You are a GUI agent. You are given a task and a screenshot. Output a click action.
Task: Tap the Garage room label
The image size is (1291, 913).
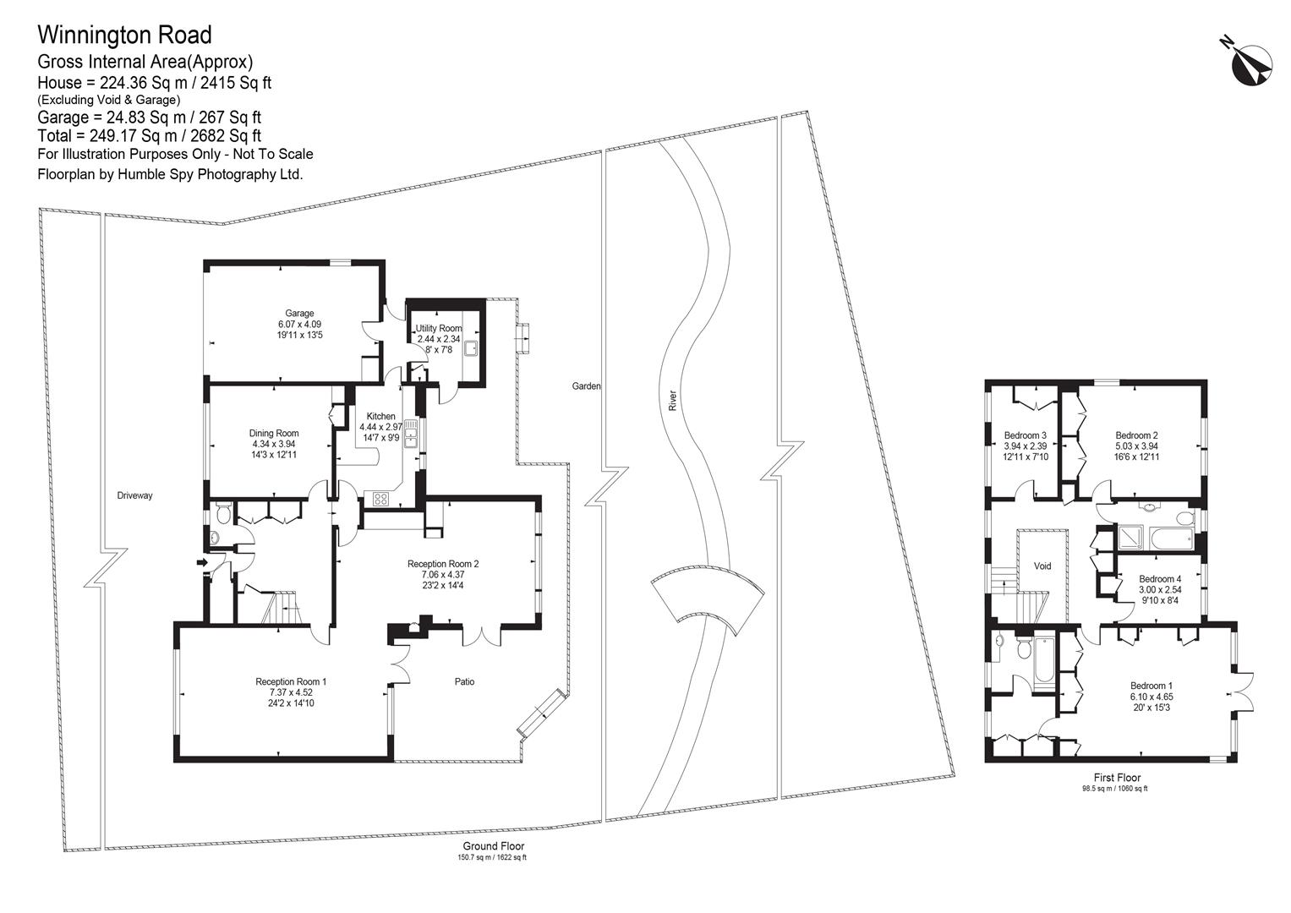pos(299,313)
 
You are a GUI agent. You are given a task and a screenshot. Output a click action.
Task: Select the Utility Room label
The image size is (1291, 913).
pos(439,328)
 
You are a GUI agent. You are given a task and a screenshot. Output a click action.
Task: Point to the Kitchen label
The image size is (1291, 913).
pos(381,416)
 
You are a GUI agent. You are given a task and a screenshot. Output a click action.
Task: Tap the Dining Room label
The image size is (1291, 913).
pos(274,433)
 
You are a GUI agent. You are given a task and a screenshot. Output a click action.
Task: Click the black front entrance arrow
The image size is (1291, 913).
pos(202,562)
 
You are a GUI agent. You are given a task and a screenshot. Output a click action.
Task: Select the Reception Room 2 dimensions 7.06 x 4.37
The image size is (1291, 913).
pos(443,575)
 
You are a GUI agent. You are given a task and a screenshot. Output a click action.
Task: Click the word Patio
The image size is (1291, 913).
pos(464,681)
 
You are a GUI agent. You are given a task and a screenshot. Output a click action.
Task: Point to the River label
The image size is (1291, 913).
pos(672,400)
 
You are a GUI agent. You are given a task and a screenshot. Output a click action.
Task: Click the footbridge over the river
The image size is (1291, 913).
pos(708,599)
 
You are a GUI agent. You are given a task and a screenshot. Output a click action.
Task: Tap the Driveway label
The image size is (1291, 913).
pos(134,495)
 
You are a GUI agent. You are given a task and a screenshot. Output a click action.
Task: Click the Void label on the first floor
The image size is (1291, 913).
pos(1042,566)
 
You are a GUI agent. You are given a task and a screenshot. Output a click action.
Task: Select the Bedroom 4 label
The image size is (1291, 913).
pos(1160,579)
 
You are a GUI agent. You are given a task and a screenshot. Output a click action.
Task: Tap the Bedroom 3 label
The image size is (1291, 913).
pos(1025,435)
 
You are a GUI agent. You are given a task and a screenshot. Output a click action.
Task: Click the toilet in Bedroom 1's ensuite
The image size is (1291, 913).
pos(1024,648)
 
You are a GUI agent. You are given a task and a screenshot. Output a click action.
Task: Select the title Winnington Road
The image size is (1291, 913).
pos(124,35)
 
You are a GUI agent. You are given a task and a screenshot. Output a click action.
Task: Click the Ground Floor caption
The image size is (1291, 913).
pos(494,846)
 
